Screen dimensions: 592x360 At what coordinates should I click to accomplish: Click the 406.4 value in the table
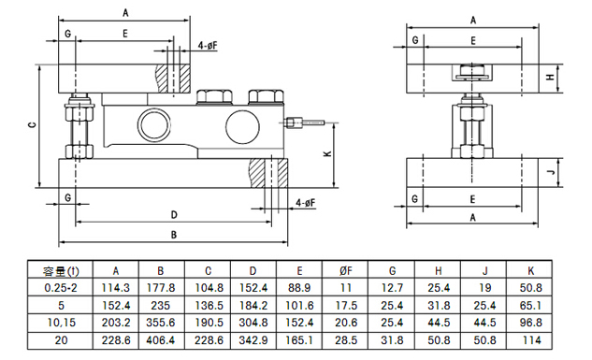point(161,340)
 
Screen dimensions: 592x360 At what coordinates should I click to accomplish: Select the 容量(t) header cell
point(61,271)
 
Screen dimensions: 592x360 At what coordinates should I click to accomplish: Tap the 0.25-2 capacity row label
point(61,288)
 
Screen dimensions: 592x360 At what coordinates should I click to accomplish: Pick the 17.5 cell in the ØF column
point(346,305)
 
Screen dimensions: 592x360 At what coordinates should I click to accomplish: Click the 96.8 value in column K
point(530,323)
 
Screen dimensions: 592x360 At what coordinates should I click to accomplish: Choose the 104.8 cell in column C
point(208,288)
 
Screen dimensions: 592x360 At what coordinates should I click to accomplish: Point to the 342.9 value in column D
point(253,340)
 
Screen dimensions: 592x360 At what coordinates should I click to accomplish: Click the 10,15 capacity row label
point(61,323)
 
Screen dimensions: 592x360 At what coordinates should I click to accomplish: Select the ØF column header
point(346,271)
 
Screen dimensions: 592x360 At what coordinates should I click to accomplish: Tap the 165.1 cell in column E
point(299,340)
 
